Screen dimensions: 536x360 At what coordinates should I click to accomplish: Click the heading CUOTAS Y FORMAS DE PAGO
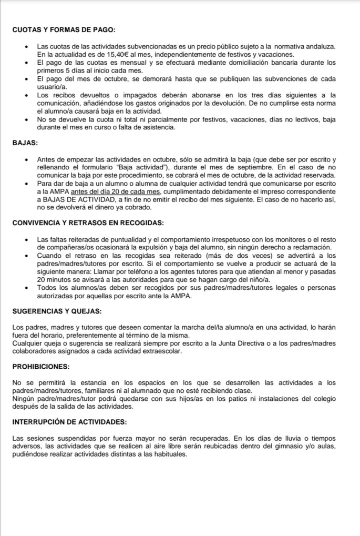point(64,30)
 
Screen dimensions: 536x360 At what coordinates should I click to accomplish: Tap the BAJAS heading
point(25,143)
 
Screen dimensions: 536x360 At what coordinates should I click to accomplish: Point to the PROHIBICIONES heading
point(40,366)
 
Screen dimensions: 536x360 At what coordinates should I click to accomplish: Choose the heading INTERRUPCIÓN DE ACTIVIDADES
point(69,421)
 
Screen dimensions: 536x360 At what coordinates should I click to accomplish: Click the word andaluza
point(318,47)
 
